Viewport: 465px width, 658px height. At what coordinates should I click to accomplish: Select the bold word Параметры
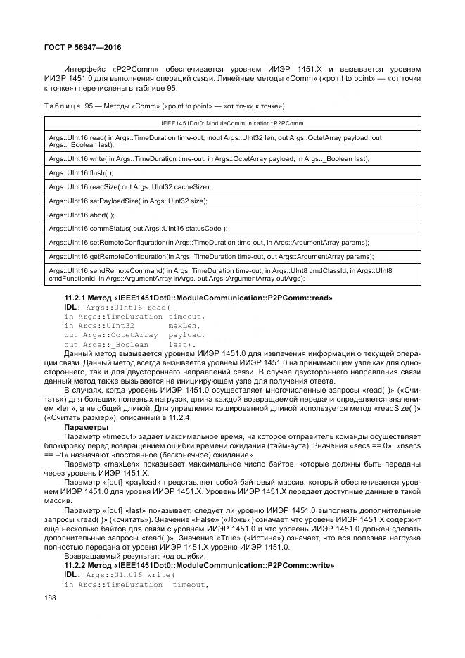[x=86, y=426]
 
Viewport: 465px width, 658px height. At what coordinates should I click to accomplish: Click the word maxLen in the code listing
[x=185, y=326]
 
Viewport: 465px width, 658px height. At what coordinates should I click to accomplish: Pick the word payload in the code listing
[x=187, y=335]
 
